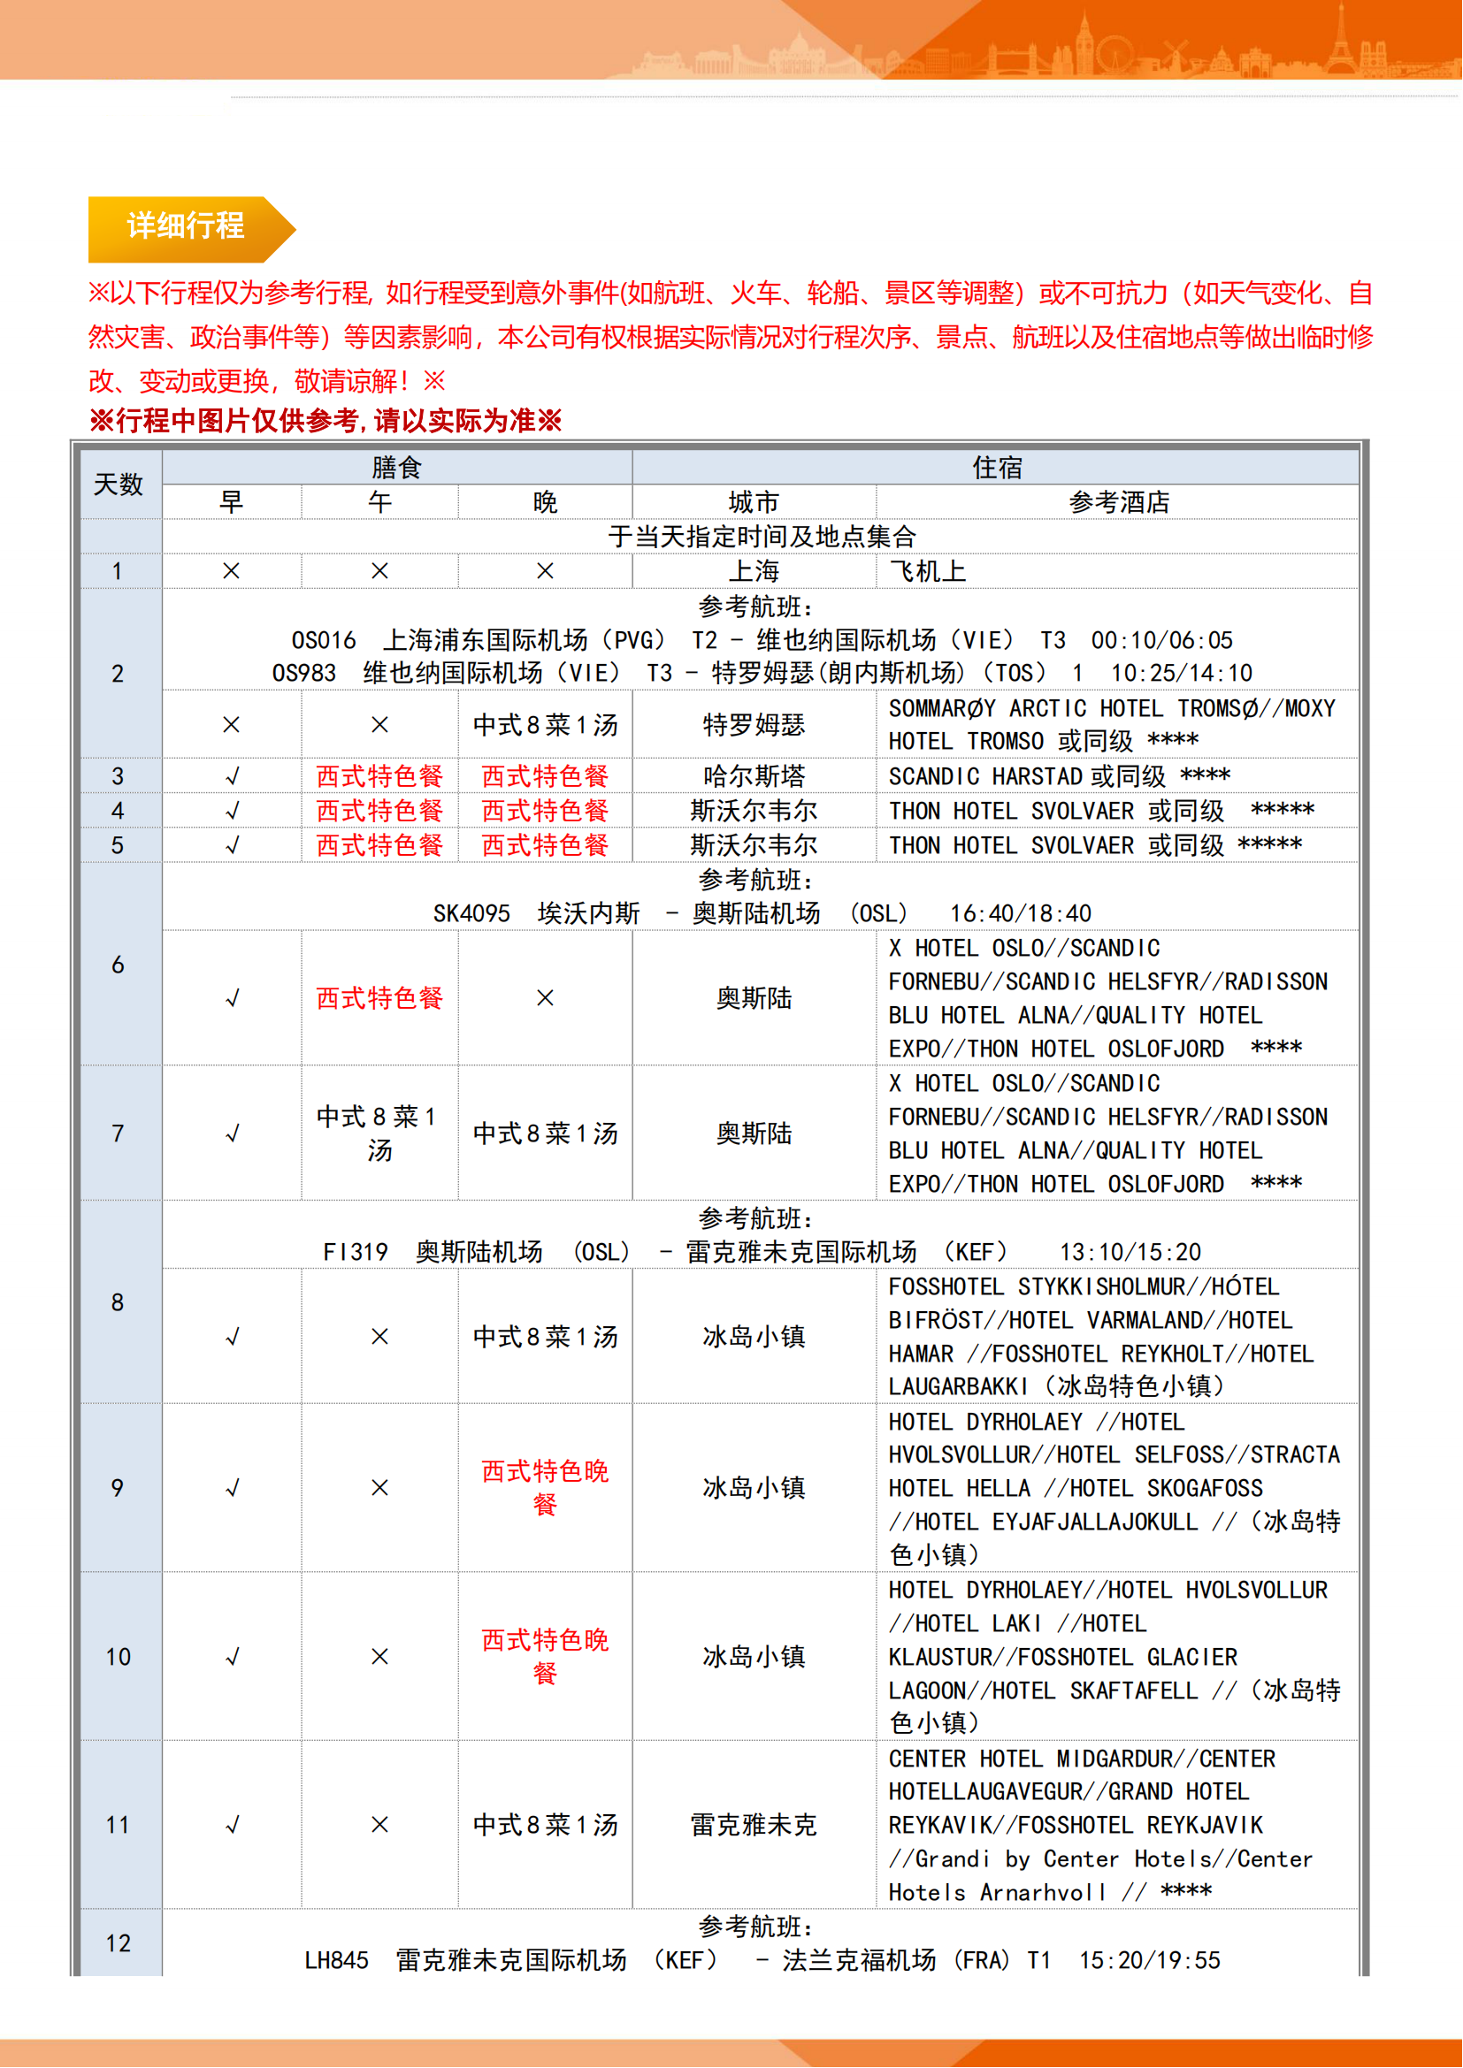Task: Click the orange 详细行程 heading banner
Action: (186, 226)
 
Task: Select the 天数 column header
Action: (118, 485)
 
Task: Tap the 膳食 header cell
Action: (396, 467)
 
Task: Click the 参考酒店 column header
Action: (1118, 501)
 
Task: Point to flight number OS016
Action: (324, 640)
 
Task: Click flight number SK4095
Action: (471, 913)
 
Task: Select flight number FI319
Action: (355, 1252)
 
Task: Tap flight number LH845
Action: (336, 1960)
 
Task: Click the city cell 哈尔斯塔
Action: (754, 775)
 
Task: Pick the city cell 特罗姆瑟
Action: (754, 724)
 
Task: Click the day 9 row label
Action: (118, 1488)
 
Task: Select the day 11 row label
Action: (118, 1825)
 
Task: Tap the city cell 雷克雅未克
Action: (754, 1825)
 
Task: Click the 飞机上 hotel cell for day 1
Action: (927, 571)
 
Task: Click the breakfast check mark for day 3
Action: (232, 775)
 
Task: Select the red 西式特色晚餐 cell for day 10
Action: (545, 1656)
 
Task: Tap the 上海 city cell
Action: (754, 571)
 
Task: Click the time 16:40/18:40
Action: (1020, 913)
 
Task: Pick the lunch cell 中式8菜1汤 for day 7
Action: (379, 1133)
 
